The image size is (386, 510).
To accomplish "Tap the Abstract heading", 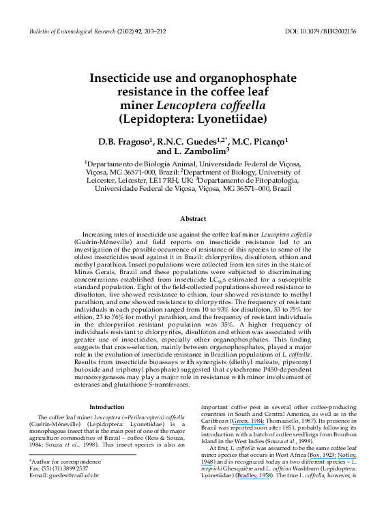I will (193, 219).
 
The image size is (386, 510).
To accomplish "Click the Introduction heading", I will (107, 407).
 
